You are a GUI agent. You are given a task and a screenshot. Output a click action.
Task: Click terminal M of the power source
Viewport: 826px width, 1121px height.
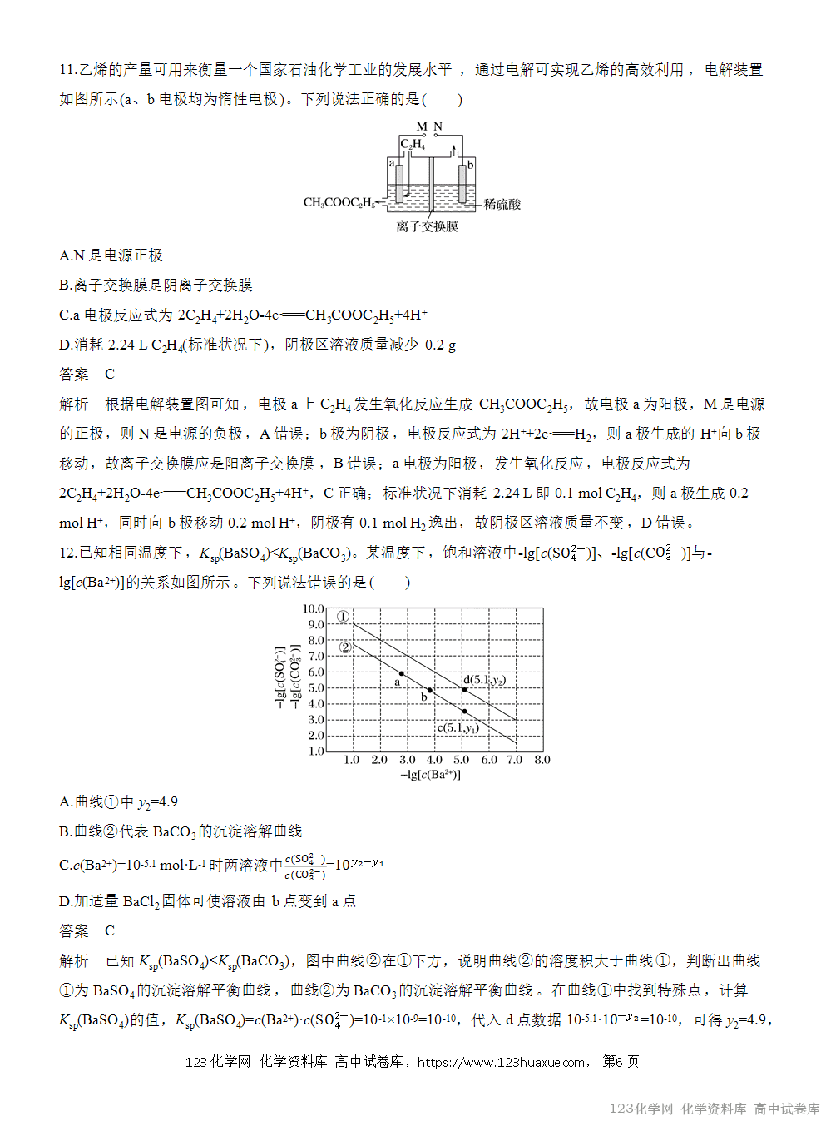(x=422, y=126)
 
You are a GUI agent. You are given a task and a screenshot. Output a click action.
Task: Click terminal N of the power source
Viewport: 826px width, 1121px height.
(x=438, y=126)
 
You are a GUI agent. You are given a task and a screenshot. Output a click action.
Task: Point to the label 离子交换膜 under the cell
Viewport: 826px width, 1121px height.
(x=427, y=226)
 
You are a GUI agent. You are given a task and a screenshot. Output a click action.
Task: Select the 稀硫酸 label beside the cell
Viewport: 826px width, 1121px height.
(x=502, y=204)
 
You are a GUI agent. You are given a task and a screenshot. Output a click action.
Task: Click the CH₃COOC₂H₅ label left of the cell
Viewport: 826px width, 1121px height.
(x=339, y=202)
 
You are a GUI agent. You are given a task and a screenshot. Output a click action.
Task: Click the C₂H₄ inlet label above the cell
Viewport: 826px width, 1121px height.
(x=413, y=144)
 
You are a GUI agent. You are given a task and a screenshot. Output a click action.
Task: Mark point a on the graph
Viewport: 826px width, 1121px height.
(x=402, y=673)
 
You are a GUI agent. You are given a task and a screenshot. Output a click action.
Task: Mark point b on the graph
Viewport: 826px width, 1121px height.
(x=430, y=691)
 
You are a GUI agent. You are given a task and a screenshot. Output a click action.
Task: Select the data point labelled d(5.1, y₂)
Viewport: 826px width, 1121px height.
(x=464, y=690)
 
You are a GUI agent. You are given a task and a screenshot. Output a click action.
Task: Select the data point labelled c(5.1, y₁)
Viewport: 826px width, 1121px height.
(x=464, y=712)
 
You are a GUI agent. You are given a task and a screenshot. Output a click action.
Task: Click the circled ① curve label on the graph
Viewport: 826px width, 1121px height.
(x=343, y=617)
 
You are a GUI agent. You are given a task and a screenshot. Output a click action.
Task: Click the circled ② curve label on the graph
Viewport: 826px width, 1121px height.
(x=345, y=647)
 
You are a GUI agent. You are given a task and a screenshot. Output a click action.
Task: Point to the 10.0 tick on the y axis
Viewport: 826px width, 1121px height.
(x=313, y=609)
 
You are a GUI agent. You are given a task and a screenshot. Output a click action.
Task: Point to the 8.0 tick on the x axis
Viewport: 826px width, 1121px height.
(x=542, y=760)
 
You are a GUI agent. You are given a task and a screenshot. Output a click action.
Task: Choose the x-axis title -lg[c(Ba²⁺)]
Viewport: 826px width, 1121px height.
(x=430, y=775)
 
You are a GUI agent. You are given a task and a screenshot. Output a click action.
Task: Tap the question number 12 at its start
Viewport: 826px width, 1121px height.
(x=67, y=553)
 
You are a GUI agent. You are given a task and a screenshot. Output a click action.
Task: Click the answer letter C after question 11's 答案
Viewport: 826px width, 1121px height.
(x=110, y=374)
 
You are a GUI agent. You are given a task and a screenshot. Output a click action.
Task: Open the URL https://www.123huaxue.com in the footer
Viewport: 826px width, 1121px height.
(x=501, y=1062)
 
